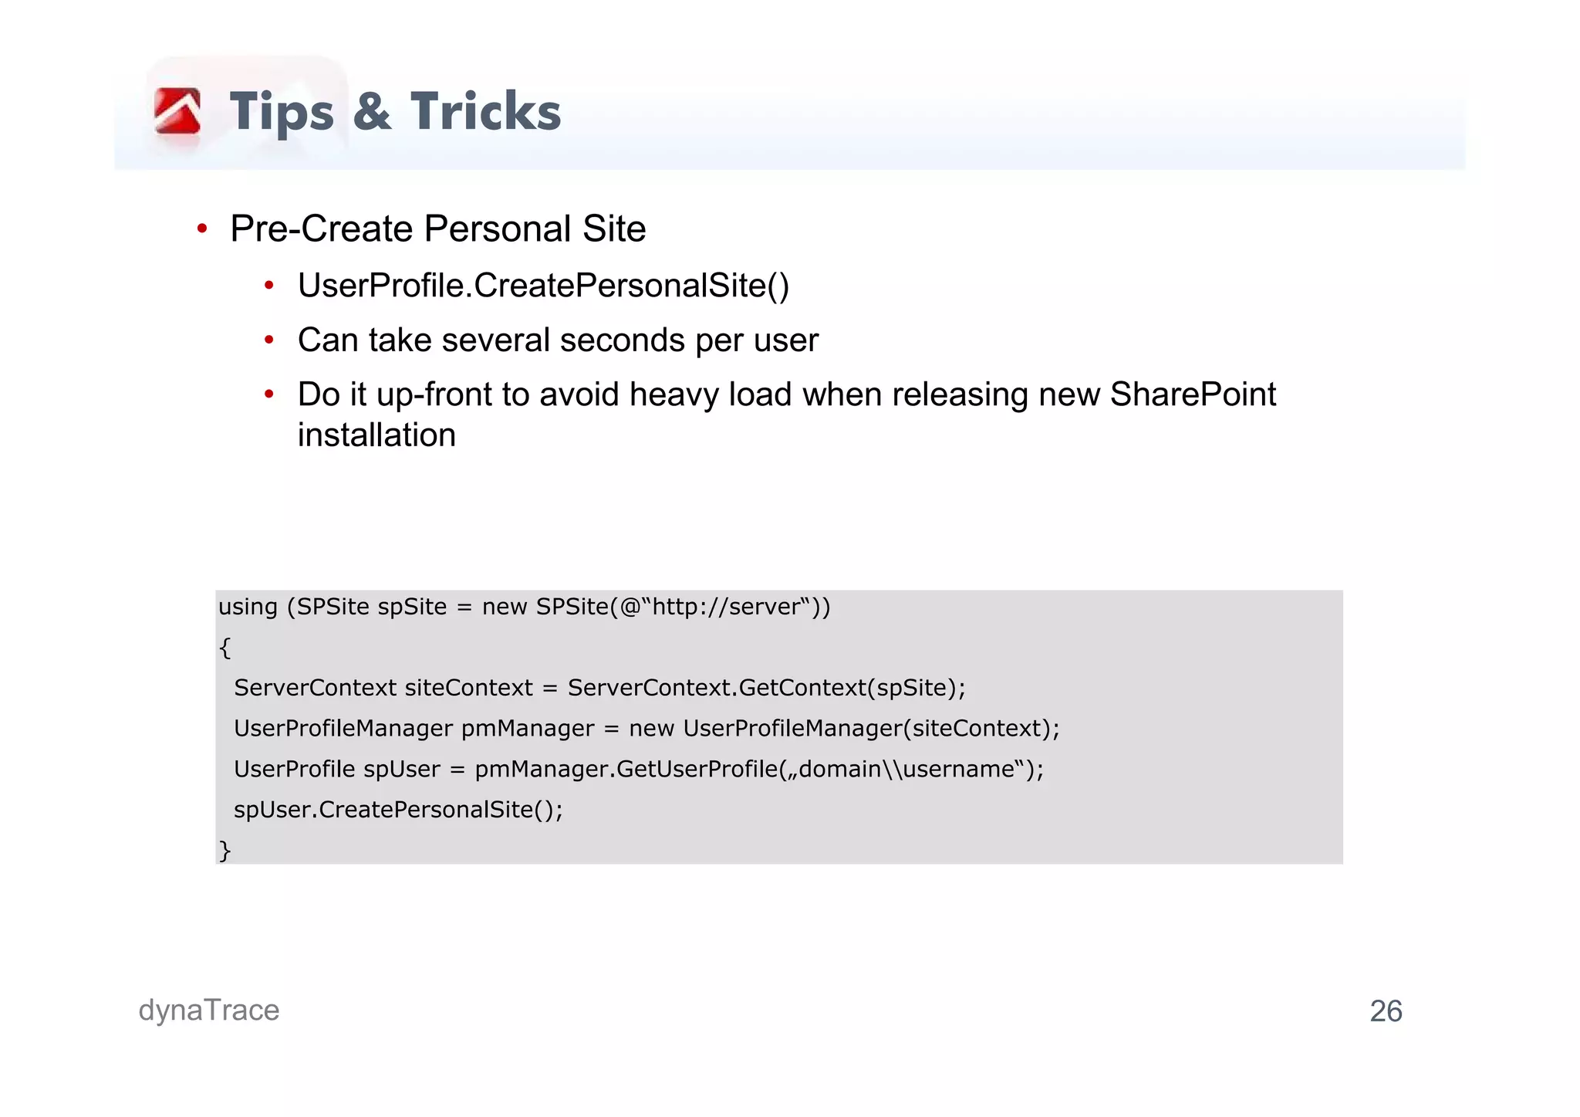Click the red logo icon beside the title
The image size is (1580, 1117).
pyautogui.click(x=177, y=111)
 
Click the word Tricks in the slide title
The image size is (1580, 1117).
pyautogui.click(x=485, y=112)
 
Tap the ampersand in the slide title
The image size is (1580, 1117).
pyautogui.click(x=372, y=112)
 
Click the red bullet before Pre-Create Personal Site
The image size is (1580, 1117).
pyautogui.click(x=202, y=228)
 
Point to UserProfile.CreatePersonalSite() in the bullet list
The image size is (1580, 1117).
pyautogui.click(x=543, y=286)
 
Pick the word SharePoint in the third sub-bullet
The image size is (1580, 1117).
pyautogui.click(x=1193, y=394)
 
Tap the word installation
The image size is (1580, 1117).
pyautogui.click(x=376, y=435)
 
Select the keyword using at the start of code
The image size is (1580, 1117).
pyautogui.click(x=248, y=608)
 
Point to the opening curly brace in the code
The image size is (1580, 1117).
pyautogui.click(x=225, y=648)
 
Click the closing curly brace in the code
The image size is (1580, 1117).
pyautogui.click(x=225, y=850)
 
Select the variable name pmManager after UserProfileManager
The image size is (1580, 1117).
pyautogui.click(x=528, y=729)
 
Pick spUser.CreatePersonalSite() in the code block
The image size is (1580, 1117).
pyautogui.click(x=398, y=810)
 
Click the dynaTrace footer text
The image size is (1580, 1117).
pyautogui.click(x=209, y=1010)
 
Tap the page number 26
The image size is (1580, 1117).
pyautogui.click(x=1386, y=1011)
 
